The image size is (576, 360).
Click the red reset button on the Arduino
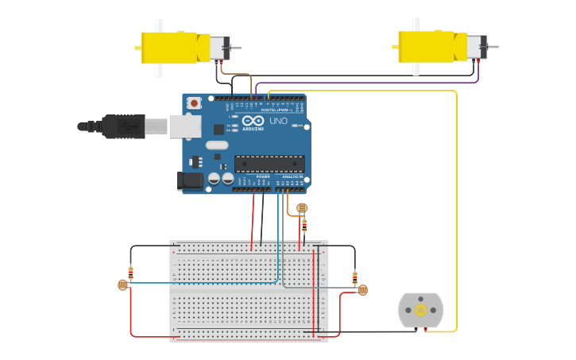tap(194, 103)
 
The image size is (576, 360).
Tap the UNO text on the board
tap(278, 122)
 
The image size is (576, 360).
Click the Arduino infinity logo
tap(253, 121)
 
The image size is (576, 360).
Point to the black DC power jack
tap(191, 180)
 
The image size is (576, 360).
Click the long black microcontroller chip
tap(269, 164)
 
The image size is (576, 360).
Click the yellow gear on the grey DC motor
tap(420, 310)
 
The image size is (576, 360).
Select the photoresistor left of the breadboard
tap(122, 285)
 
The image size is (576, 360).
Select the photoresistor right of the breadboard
tap(362, 290)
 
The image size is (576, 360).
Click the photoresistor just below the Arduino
tap(301, 208)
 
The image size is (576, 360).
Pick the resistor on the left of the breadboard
tap(130, 272)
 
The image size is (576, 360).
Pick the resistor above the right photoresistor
tap(354, 277)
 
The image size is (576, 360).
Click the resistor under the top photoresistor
tap(303, 225)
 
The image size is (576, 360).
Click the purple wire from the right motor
tap(365, 83)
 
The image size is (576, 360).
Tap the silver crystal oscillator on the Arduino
tap(216, 145)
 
